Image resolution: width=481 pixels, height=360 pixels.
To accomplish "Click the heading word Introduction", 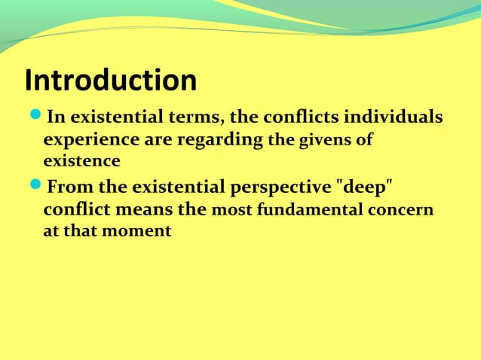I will (111, 81).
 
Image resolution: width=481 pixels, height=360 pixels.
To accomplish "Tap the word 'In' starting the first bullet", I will (55, 118).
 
